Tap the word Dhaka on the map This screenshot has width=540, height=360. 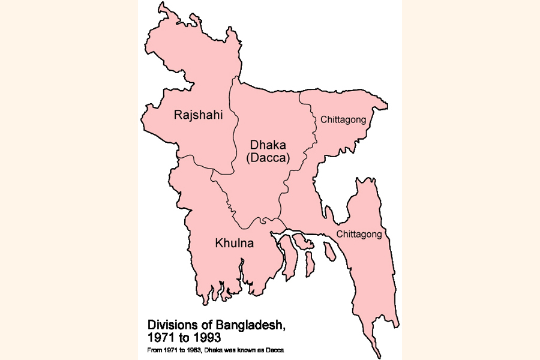click(268, 146)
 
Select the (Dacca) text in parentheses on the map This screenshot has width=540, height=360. click(268, 158)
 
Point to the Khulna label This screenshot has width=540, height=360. click(234, 244)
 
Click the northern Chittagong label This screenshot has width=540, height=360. click(343, 119)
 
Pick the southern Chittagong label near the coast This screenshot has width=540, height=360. click(359, 234)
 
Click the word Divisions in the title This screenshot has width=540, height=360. click(170, 325)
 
